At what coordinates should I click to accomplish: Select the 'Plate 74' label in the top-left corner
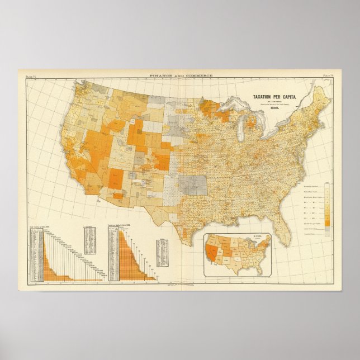pos(26,74)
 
